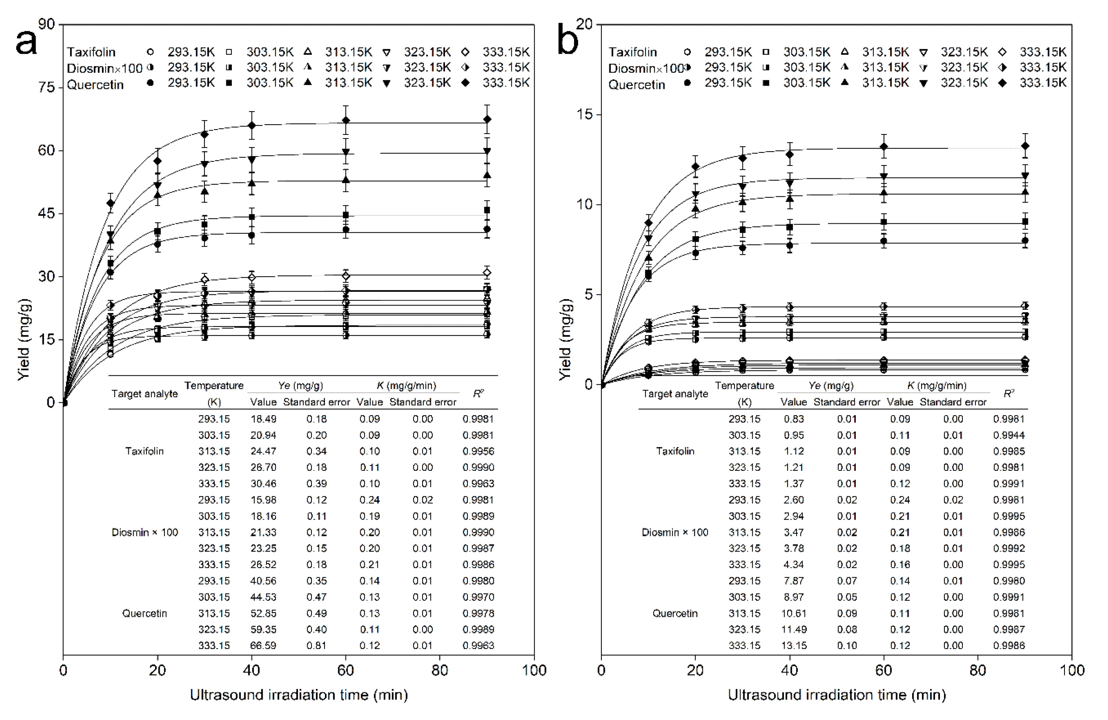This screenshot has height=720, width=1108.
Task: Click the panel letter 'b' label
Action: pyautogui.click(x=567, y=43)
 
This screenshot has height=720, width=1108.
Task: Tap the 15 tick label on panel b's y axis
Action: pyautogui.click(x=584, y=114)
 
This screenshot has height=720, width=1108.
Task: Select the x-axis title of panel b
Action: pyautogui.click(x=837, y=695)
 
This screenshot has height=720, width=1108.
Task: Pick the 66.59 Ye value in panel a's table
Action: pyautogui.click(x=263, y=646)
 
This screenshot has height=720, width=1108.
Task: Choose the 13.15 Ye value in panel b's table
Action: pyautogui.click(x=794, y=646)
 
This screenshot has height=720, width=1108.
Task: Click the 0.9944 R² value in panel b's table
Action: pyautogui.click(x=1009, y=435)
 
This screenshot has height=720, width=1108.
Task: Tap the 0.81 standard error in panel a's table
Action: pyautogui.click(x=317, y=646)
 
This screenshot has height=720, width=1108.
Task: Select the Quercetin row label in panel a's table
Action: pyautogui.click(x=144, y=613)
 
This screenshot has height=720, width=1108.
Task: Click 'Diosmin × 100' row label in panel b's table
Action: pyautogui.click(x=675, y=532)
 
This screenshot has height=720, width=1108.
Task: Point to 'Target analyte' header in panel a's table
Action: pyautogui.click(x=144, y=394)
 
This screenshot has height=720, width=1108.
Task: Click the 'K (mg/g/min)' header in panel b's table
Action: pyautogui.click(x=937, y=386)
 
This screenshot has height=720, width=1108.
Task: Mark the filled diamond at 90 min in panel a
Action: pyautogui.click(x=487, y=119)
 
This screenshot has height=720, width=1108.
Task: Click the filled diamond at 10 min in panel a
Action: pyautogui.click(x=110, y=203)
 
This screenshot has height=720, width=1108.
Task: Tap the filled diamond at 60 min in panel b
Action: pyautogui.click(x=884, y=147)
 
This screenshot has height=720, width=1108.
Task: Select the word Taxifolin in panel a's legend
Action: pyautogui.click(x=91, y=52)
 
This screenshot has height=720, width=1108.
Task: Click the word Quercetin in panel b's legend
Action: pyautogui.click(x=636, y=85)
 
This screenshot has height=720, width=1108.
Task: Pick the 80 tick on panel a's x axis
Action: pyautogui.click(x=439, y=670)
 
